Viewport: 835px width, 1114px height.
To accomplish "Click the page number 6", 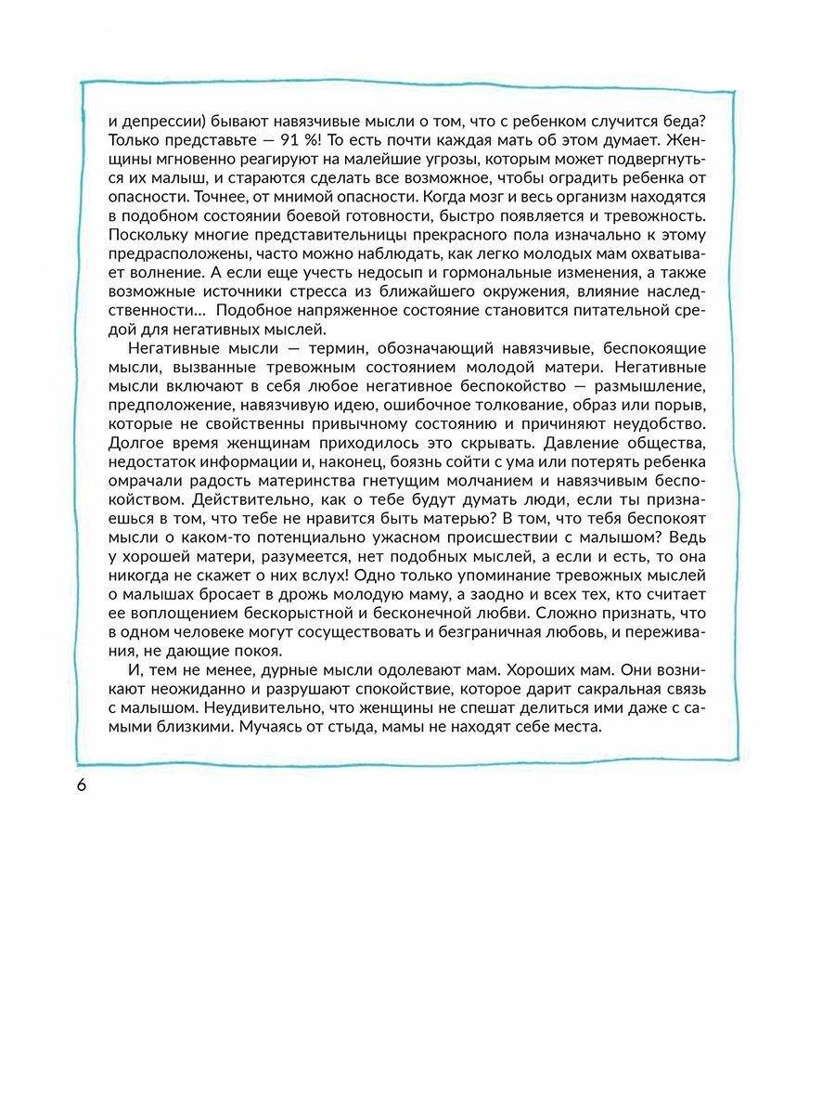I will tap(81, 784).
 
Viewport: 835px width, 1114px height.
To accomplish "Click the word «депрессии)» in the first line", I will tap(165, 120).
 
